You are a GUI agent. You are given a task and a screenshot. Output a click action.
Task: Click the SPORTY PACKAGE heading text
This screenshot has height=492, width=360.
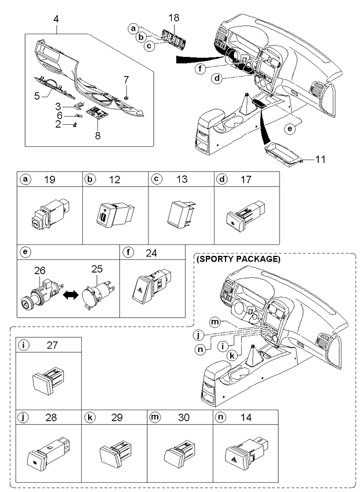(x=239, y=259)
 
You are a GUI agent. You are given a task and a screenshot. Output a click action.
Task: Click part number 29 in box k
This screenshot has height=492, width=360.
(x=117, y=418)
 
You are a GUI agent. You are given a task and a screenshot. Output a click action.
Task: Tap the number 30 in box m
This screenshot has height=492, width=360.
(x=182, y=418)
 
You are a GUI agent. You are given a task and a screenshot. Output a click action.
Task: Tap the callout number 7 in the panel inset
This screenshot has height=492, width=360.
(x=127, y=78)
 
